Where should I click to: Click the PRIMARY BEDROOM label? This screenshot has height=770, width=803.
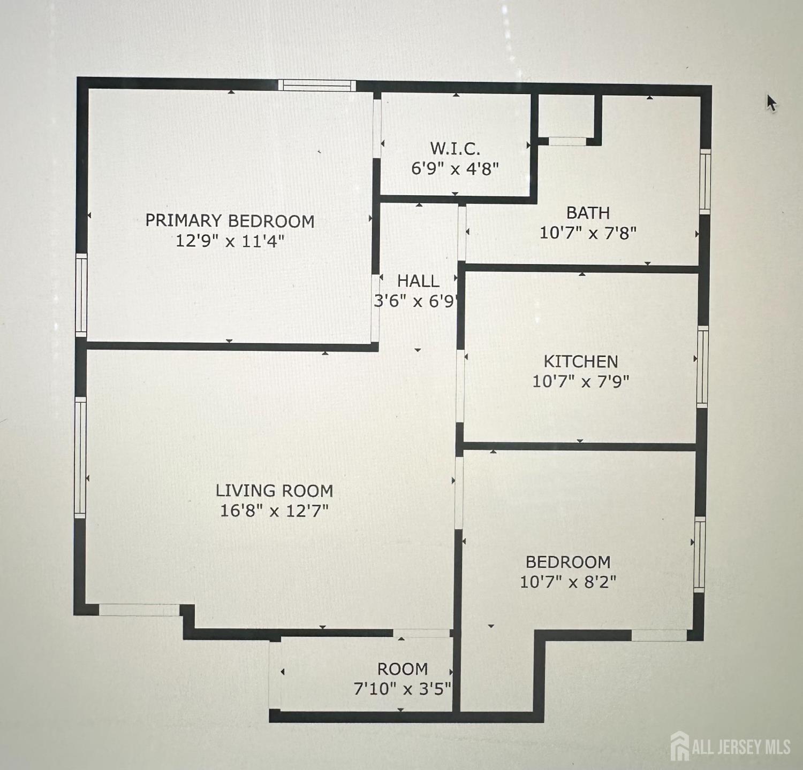point(230,221)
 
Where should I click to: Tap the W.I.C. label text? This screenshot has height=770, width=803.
point(455,148)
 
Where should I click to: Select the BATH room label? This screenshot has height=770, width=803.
point(588,213)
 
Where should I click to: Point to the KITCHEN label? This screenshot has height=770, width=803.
point(581,361)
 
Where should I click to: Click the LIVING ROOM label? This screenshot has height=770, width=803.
point(274,490)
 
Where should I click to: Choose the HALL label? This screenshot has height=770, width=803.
point(418,281)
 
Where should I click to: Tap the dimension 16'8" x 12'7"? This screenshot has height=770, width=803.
point(274,511)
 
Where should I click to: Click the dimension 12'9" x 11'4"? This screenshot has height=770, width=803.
point(230,241)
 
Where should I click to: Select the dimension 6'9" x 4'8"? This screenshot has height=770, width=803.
point(455,168)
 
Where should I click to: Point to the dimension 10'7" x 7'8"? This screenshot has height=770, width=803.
point(588,233)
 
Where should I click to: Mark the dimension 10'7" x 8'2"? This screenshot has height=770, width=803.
point(568,582)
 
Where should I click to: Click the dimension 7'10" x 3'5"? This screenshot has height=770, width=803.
point(403,689)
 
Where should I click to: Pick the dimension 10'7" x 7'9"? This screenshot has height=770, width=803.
point(581,382)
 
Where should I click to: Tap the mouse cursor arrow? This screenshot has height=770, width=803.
point(771,103)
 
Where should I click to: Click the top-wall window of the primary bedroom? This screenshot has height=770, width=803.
point(317,85)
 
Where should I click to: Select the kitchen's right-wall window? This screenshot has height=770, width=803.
point(702,366)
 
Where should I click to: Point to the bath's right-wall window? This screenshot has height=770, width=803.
point(706,182)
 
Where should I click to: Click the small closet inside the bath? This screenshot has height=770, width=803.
point(567,118)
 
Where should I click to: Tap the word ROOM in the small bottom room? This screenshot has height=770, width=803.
point(403,669)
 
